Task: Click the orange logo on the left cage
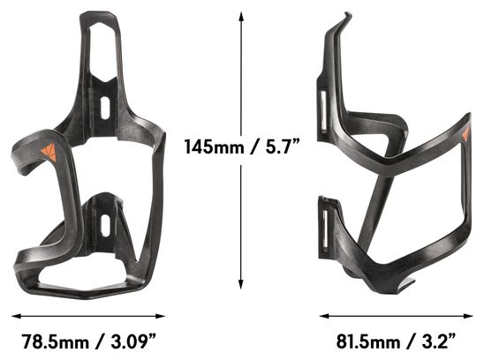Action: pyautogui.click(x=49, y=152)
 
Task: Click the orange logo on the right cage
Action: pyautogui.click(x=465, y=134)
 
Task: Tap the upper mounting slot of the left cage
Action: pyautogui.click(x=105, y=108)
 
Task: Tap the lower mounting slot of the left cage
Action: pyautogui.click(x=105, y=226)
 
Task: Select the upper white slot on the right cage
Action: pyautogui.click(x=324, y=111)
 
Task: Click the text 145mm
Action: pyautogui.click(x=215, y=146)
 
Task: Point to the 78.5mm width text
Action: pyautogui.click(x=55, y=341)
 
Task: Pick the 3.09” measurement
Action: pyautogui.click(x=133, y=341)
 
